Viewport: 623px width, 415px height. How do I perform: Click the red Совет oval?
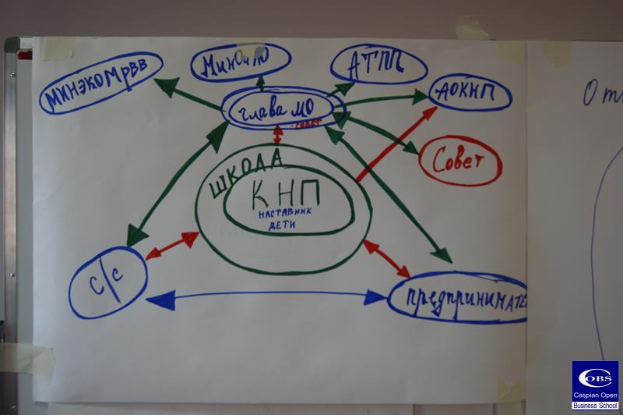461,161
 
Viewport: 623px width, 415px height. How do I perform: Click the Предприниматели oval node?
458,299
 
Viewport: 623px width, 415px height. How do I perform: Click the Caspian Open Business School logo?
595,385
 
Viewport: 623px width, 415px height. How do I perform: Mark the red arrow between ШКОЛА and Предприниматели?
386,258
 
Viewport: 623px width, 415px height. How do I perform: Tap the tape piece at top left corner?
57,48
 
